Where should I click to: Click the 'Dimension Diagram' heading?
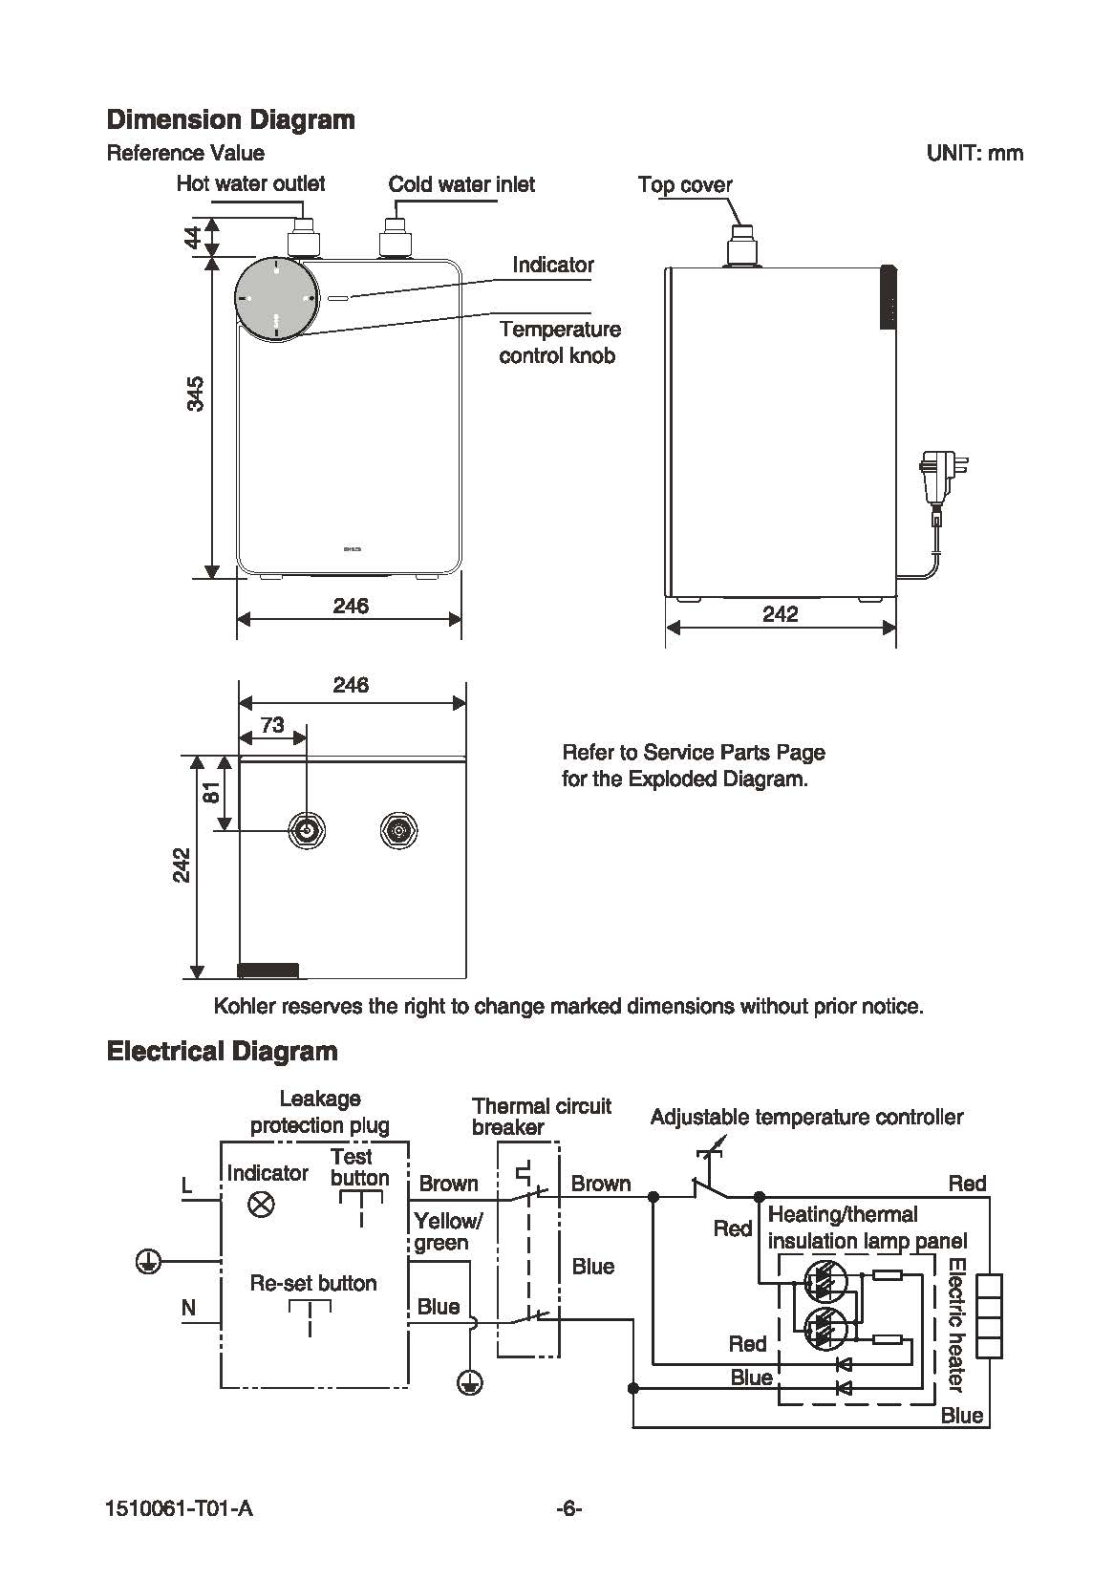pos(230,120)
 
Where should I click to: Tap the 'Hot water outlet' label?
pos(250,184)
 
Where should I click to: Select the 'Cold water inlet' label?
pos(461,184)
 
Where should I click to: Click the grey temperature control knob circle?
pos(276,300)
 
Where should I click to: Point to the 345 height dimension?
pos(196,394)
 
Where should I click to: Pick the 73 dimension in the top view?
pos(272,725)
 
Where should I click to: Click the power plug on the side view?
pos(943,479)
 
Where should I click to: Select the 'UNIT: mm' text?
pos(975,153)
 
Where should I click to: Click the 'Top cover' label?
pos(685,184)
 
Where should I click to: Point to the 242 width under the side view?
pos(781,614)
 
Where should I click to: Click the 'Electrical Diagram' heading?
pos(223,1052)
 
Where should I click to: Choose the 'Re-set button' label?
pos(313,1283)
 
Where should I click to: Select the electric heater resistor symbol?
pos(989,1315)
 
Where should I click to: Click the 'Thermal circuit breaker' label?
pos(541,1116)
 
